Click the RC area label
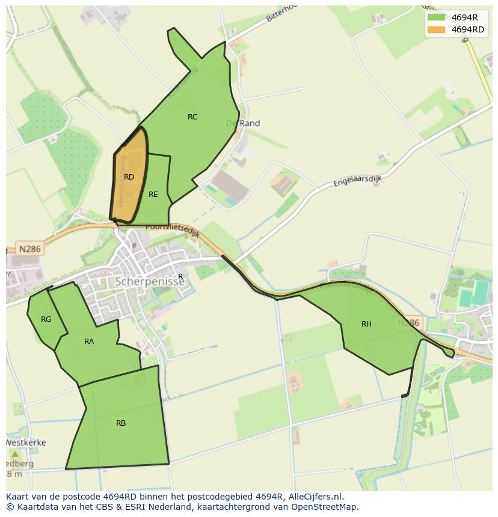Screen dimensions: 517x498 [192, 117]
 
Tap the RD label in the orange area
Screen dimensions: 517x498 [129, 177]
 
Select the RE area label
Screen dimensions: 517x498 [153, 195]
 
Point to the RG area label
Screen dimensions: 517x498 [46, 319]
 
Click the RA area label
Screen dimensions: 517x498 [89, 342]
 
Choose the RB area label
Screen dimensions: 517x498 [121, 423]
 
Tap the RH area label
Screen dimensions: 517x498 [366, 324]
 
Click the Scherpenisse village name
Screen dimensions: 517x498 [150, 282]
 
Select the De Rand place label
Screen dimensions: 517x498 [243, 123]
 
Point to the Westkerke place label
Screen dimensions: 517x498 [26, 443]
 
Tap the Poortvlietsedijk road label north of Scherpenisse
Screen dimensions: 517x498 [173, 229]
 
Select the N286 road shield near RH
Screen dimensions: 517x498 [408, 323]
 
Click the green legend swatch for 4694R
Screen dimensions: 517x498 [436, 17]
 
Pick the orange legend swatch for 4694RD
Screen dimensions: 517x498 [436, 29]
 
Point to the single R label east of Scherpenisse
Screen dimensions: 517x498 [180, 277]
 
